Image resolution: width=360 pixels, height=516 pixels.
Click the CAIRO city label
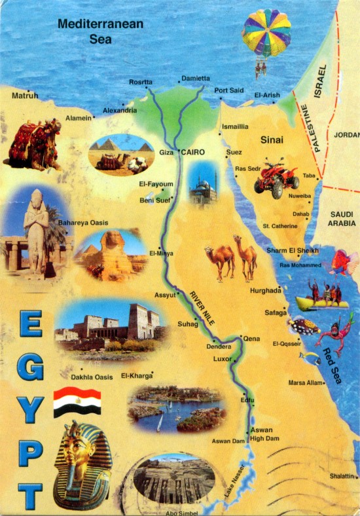(192, 152)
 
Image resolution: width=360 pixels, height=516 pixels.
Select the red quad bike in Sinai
(276, 177)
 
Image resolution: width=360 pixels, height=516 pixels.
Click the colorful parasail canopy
(266, 32)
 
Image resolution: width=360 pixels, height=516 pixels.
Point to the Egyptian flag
(77, 401)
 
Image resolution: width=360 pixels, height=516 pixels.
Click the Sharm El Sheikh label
(293, 250)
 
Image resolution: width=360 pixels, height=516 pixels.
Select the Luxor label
(223, 359)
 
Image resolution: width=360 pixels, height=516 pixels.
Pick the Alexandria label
(120, 110)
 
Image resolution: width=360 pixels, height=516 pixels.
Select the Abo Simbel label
(181, 513)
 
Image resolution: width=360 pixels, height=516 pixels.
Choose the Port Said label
(228, 90)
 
